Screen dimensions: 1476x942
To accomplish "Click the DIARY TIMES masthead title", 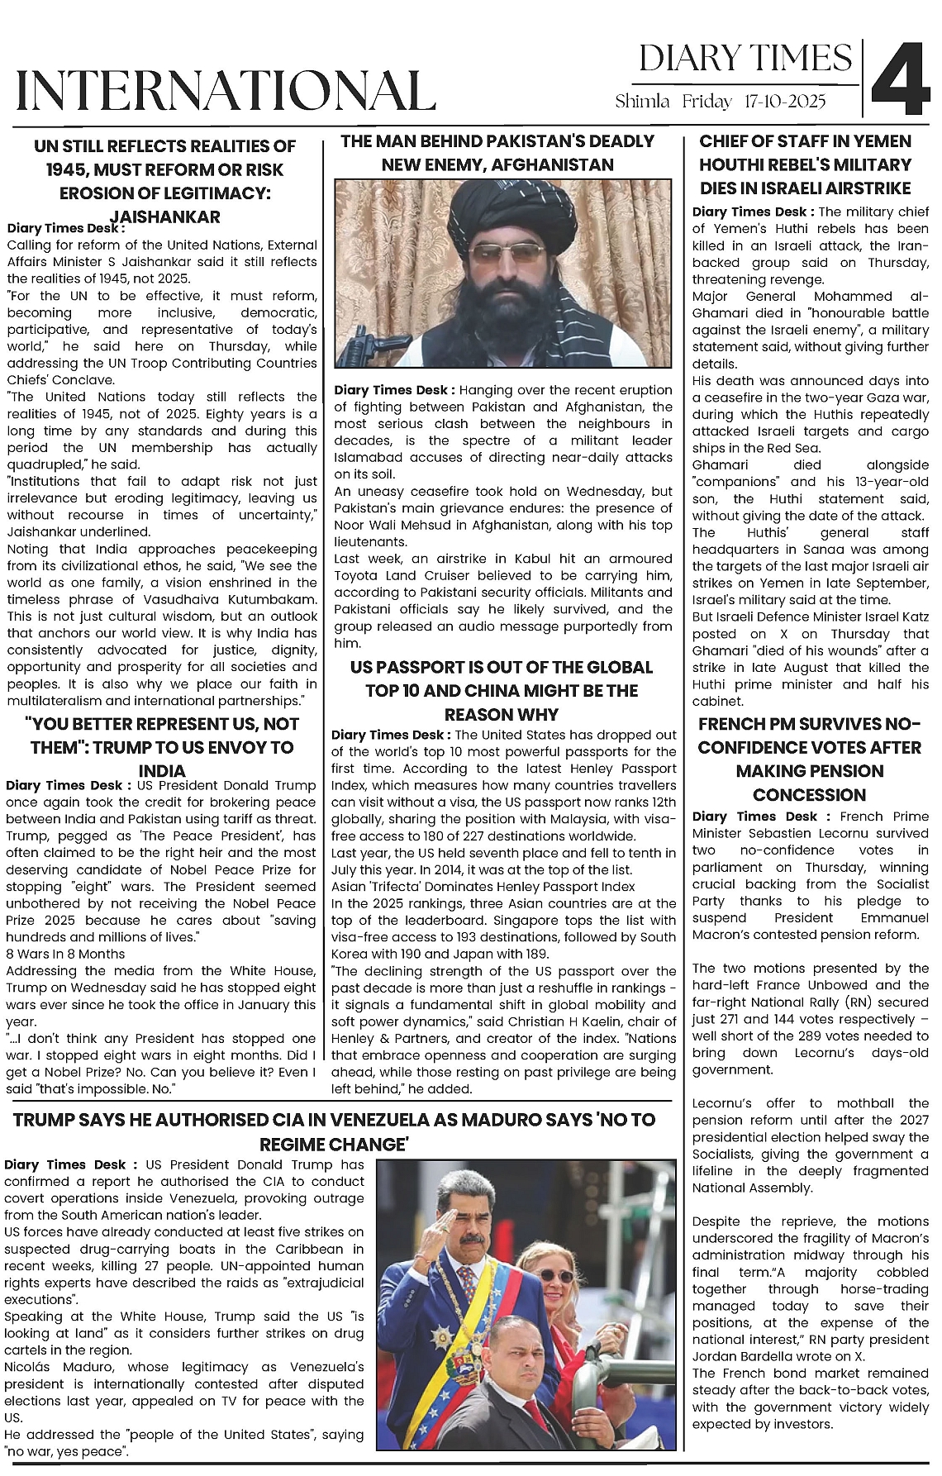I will (x=745, y=59).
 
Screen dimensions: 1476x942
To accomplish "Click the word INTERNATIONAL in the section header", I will (x=226, y=91).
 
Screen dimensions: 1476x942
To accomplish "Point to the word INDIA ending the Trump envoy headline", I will (x=162, y=770).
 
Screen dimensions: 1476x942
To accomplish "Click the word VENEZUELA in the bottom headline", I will (x=381, y=1120).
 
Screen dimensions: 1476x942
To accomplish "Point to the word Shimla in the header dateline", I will (x=642, y=102).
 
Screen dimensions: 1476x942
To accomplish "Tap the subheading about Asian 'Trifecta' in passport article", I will (x=483, y=886).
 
